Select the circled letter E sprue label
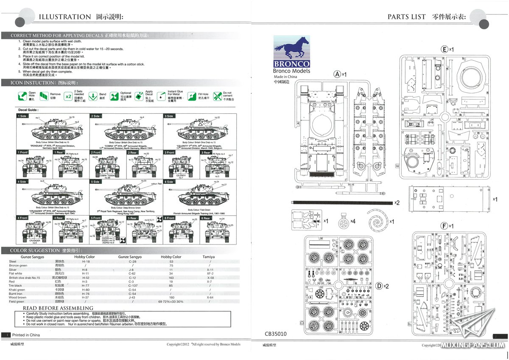click(x=445, y=50)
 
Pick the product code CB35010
click(x=276, y=334)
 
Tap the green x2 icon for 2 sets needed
click(x=68, y=96)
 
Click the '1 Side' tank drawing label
click(x=22, y=116)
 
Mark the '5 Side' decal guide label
click(x=95, y=182)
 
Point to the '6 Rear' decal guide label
click(x=206, y=218)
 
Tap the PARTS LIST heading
click(x=406, y=17)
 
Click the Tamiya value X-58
click(x=210, y=278)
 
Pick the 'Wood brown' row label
click(x=18, y=297)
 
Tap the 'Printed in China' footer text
click(x=27, y=335)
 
